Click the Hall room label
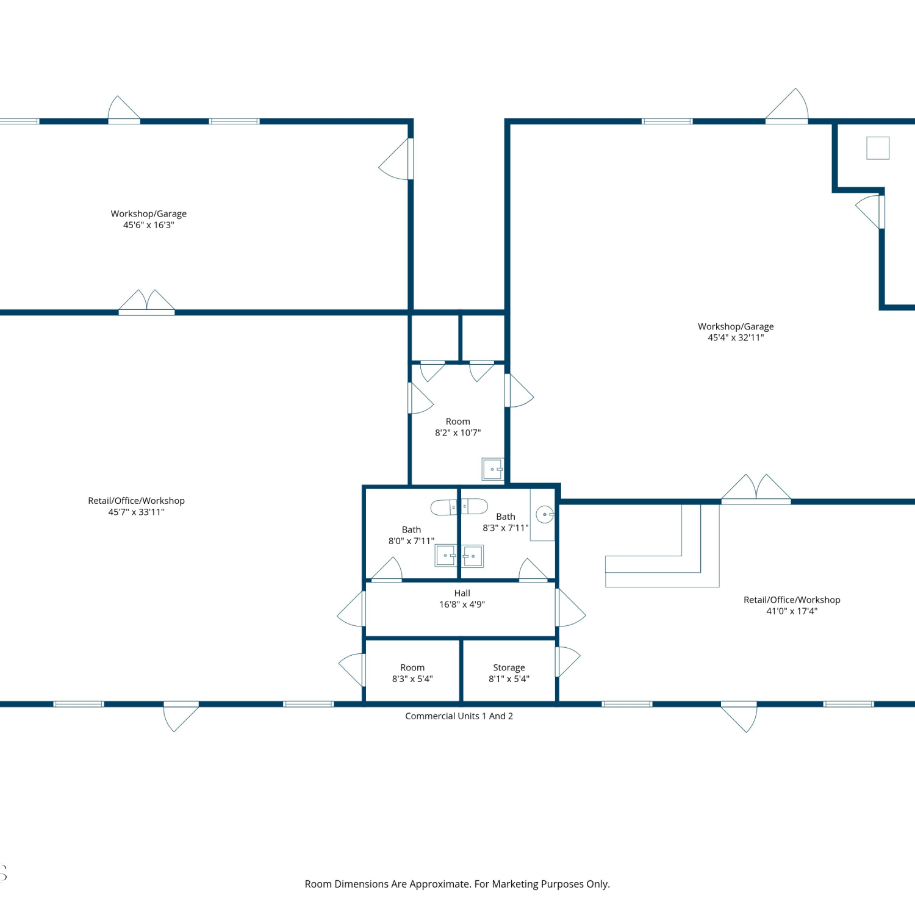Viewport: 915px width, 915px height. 462,593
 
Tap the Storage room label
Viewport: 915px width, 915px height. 509,667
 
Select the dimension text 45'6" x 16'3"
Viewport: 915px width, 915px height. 149,225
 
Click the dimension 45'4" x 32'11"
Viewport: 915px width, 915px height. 736,337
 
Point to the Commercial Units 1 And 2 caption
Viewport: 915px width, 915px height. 459,716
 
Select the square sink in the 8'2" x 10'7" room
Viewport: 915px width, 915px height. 493,469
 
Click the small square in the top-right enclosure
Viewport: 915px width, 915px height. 878,148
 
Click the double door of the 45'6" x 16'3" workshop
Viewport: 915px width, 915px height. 146,302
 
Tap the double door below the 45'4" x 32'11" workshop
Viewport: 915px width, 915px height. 756,489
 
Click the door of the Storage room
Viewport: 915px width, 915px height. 567,661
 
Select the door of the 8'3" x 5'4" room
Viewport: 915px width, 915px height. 352,669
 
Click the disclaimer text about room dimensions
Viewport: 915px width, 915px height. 457,884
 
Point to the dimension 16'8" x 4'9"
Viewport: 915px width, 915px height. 462,605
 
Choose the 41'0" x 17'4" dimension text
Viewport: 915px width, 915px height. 792,611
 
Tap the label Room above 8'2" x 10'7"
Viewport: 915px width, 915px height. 457,422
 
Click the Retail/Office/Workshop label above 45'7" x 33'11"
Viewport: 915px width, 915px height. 136,501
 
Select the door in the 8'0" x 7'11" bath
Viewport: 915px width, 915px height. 387,570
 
